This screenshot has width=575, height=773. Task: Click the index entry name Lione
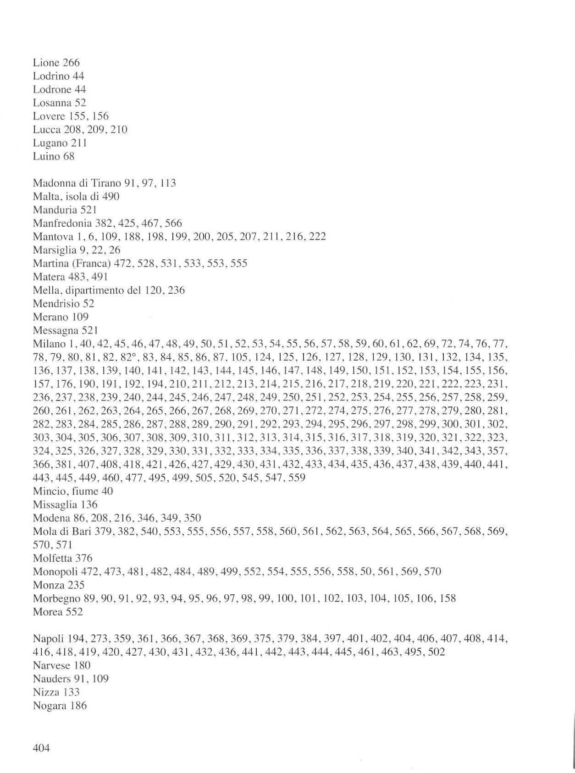point(46,62)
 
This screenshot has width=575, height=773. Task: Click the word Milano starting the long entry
point(48,344)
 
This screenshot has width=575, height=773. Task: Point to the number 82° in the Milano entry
point(133,357)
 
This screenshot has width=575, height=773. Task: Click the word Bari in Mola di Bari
point(81,532)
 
